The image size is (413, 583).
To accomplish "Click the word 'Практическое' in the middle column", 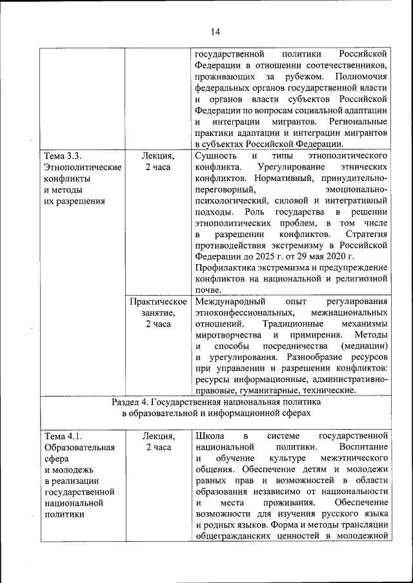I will click(158, 301).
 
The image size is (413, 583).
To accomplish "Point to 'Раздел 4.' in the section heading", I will click(132, 401).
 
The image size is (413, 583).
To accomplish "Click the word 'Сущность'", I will click(216, 156).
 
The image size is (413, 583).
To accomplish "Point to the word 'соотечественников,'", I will click(349, 66).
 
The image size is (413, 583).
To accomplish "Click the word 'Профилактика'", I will click(222, 267).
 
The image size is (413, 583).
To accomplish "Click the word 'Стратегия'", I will click(366, 234).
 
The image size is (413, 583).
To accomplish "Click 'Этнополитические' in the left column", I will click(83, 167).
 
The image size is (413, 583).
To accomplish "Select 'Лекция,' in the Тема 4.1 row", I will click(158, 436).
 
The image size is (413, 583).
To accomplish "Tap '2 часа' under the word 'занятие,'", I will click(158, 323).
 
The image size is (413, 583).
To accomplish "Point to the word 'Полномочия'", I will click(360, 77).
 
